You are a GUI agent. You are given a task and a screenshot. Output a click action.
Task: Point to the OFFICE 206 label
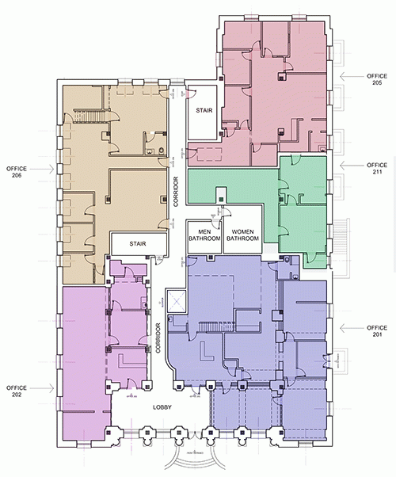pos(19,171)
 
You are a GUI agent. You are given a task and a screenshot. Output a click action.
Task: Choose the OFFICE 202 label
pos(19,391)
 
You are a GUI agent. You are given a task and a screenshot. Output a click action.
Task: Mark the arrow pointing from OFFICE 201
pos(346,326)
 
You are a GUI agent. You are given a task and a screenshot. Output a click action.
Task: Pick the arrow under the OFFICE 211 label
pos(346,165)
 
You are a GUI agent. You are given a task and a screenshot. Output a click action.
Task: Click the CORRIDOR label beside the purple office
pos(159,338)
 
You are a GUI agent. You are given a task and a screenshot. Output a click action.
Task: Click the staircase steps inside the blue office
pos(213,327)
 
